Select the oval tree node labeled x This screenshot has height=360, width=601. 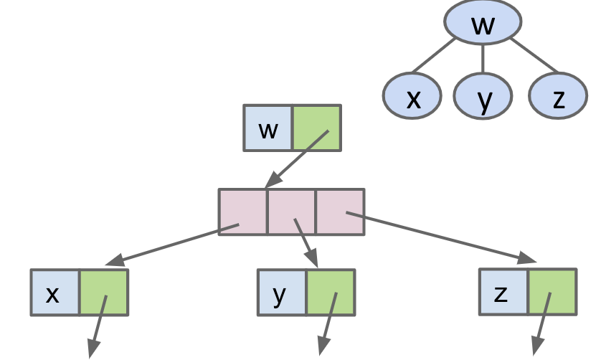[412, 96]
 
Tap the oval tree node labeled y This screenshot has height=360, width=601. [483, 96]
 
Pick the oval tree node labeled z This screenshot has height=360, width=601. [558, 96]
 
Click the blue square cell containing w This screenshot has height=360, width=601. [268, 128]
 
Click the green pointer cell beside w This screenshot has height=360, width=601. [316, 128]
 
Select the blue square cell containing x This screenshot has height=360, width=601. [55, 293]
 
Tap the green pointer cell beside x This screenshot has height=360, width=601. [103, 293]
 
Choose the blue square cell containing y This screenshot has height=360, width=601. [282, 292]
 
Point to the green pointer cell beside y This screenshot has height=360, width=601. [331, 292]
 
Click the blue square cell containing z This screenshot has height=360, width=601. [503, 291]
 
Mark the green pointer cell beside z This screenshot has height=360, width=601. [552, 291]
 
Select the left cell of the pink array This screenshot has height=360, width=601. [243, 212]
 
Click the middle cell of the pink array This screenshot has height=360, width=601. [292, 212]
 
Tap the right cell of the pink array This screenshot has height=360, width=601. [340, 212]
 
